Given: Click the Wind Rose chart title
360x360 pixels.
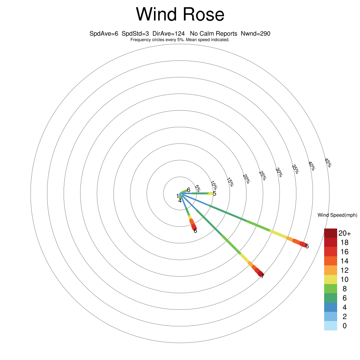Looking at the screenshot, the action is pos(180,14).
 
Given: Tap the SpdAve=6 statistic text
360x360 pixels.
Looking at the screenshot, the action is pos(104,34).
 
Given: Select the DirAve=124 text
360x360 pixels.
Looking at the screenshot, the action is pos(168,34).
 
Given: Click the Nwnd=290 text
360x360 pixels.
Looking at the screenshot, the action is pos(255,34).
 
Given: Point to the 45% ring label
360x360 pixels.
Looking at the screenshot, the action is pos(328,163).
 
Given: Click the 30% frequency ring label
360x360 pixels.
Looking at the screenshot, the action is pos(279,172).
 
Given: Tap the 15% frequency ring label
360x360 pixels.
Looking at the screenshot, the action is pos(230,182).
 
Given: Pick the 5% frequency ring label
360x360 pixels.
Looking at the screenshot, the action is pos(198,188).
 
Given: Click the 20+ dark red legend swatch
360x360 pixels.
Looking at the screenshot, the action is pos(330,233).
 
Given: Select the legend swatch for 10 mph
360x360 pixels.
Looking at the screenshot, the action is pos(330,279).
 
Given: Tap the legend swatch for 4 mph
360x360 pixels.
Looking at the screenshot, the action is pos(330,307).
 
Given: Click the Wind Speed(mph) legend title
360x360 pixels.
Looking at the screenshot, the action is pos(337,215).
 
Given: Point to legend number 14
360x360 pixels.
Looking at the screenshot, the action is pos(345,261).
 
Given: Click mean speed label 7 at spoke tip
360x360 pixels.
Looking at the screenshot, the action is pos(263,276).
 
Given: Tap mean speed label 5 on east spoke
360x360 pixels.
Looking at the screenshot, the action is pos(214,194).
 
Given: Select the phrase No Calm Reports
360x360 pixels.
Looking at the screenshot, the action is pos(213,34).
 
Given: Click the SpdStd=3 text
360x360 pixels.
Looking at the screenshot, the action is pos(135,34).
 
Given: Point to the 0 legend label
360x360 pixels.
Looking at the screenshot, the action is pos(345,326).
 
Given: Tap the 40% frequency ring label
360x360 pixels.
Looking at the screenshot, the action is pos(312,166).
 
